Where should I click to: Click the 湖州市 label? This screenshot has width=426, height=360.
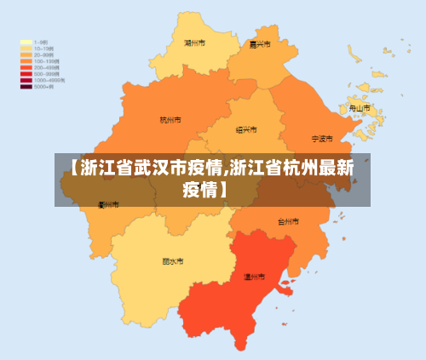pyautogui.click(x=194, y=41)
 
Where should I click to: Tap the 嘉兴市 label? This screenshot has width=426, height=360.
pyautogui.click(x=259, y=44)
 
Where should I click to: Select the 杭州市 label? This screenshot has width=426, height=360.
pyautogui.click(x=170, y=120)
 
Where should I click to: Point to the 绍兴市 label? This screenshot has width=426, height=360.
pyautogui.click(x=246, y=129)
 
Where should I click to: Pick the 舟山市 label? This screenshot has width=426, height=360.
pyautogui.click(x=360, y=108)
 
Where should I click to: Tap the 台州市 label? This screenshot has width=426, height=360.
pyautogui.click(x=289, y=220)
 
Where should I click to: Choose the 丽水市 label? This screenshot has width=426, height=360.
pyautogui.click(x=173, y=261)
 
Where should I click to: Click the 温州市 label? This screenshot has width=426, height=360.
pyautogui.click(x=254, y=277)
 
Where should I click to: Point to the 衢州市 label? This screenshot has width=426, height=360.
pyautogui.click(x=108, y=204)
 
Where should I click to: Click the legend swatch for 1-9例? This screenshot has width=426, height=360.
pyautogui.click(x=26, y=42)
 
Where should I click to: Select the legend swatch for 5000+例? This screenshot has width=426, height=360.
pyautogui.click(x=26, y=87)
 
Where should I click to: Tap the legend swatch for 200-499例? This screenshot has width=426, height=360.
pyautogui.click(x=26, y=68)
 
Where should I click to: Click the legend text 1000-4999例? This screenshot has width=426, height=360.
pyautogui.click(x=49, y=80)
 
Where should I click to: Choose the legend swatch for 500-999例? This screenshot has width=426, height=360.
pyautogui.click(x=26, y=74)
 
